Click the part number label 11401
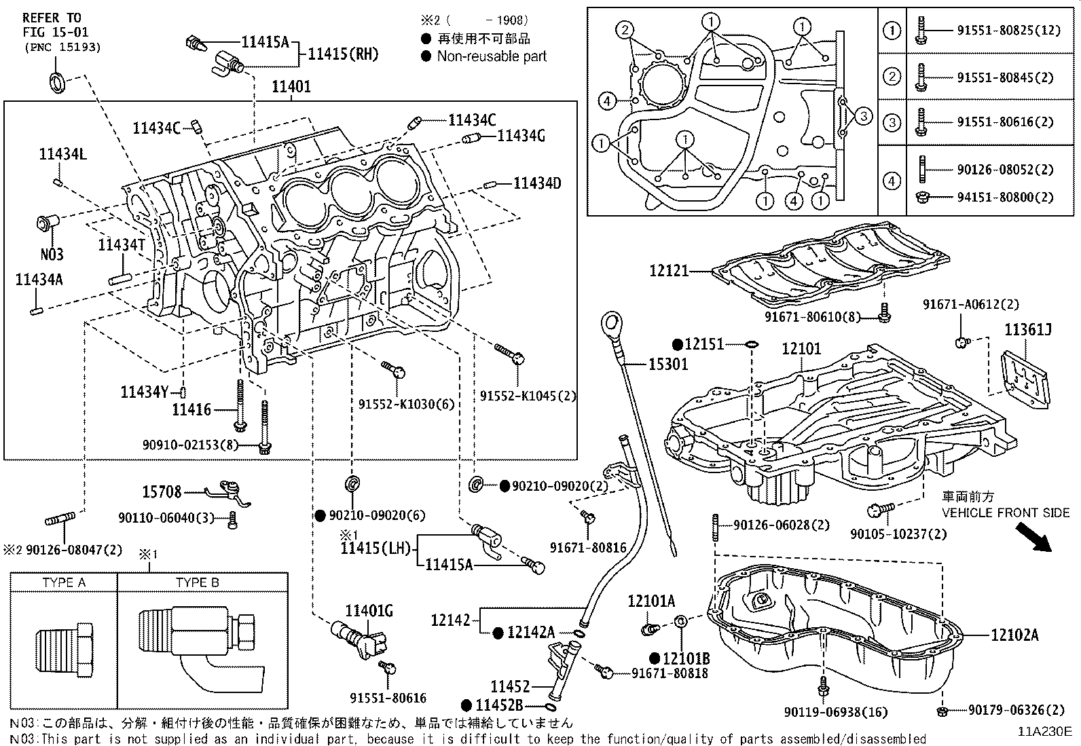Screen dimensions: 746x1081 (291, 86)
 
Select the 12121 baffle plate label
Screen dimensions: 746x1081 (668, 271)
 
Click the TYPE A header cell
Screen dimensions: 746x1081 (64, 582)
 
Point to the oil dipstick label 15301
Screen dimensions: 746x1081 (668, 365)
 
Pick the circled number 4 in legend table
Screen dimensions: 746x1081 (892, 181)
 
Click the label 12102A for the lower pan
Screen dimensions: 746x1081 (1014, 635)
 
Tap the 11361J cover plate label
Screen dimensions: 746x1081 (1028, 331)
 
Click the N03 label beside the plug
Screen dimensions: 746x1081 (51, 255)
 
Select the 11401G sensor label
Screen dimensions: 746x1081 (369, 611)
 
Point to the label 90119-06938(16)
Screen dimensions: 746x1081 (835, 711)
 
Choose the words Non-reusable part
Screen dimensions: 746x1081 (492, 56)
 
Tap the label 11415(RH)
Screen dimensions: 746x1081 (343, 54)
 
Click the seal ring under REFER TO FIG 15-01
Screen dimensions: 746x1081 (57, 81)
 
